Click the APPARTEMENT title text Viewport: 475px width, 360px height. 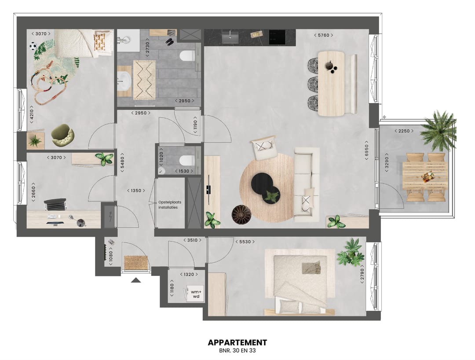pos(237,342)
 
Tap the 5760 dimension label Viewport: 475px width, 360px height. pos(323,35)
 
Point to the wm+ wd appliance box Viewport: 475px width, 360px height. pos(196,294)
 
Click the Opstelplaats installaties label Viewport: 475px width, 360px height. pos(169,205)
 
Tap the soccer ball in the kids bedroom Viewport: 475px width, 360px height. pos(33,46)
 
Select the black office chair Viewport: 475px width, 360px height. pos(55,205)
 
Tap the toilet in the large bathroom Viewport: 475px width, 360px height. pos(187,56)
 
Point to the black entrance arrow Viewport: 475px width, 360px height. pos(136,279)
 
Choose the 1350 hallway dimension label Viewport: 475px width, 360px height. pos(136,191)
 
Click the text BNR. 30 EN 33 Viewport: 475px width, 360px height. pos(237,351)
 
